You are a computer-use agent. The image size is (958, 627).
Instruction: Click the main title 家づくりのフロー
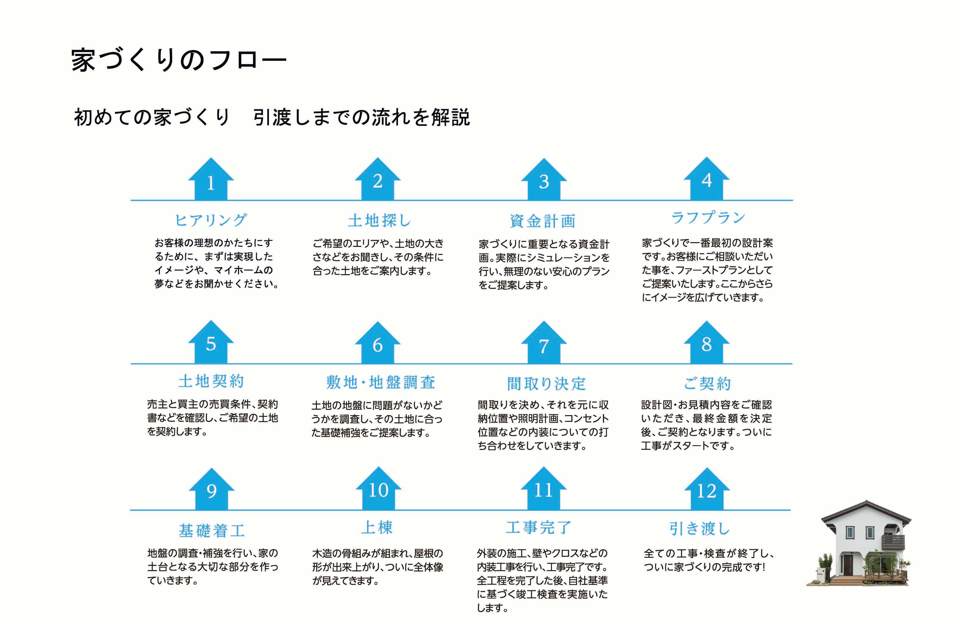(179, 60)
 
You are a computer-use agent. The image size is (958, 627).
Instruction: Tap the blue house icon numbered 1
(211, 179)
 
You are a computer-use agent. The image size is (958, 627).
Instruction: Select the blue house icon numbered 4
(706, 179)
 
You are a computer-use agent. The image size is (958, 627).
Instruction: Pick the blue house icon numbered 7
(544, 342)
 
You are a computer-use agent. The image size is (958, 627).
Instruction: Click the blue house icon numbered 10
(378, 488)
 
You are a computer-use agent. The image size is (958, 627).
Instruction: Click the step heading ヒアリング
(211, 220)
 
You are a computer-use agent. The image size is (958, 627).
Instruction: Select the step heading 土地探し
(379, 220)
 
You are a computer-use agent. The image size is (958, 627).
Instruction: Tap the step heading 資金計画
(542, 221)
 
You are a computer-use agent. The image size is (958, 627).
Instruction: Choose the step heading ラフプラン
(708, 218)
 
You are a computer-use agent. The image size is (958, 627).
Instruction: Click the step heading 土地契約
(211, 381)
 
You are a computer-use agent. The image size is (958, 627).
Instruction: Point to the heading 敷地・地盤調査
(381, 382)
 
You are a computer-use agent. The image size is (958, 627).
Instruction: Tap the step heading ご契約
(707, 383)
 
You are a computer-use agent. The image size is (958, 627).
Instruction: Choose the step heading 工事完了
(539, 527)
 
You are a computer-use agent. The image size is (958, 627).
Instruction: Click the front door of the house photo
(848, 565)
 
